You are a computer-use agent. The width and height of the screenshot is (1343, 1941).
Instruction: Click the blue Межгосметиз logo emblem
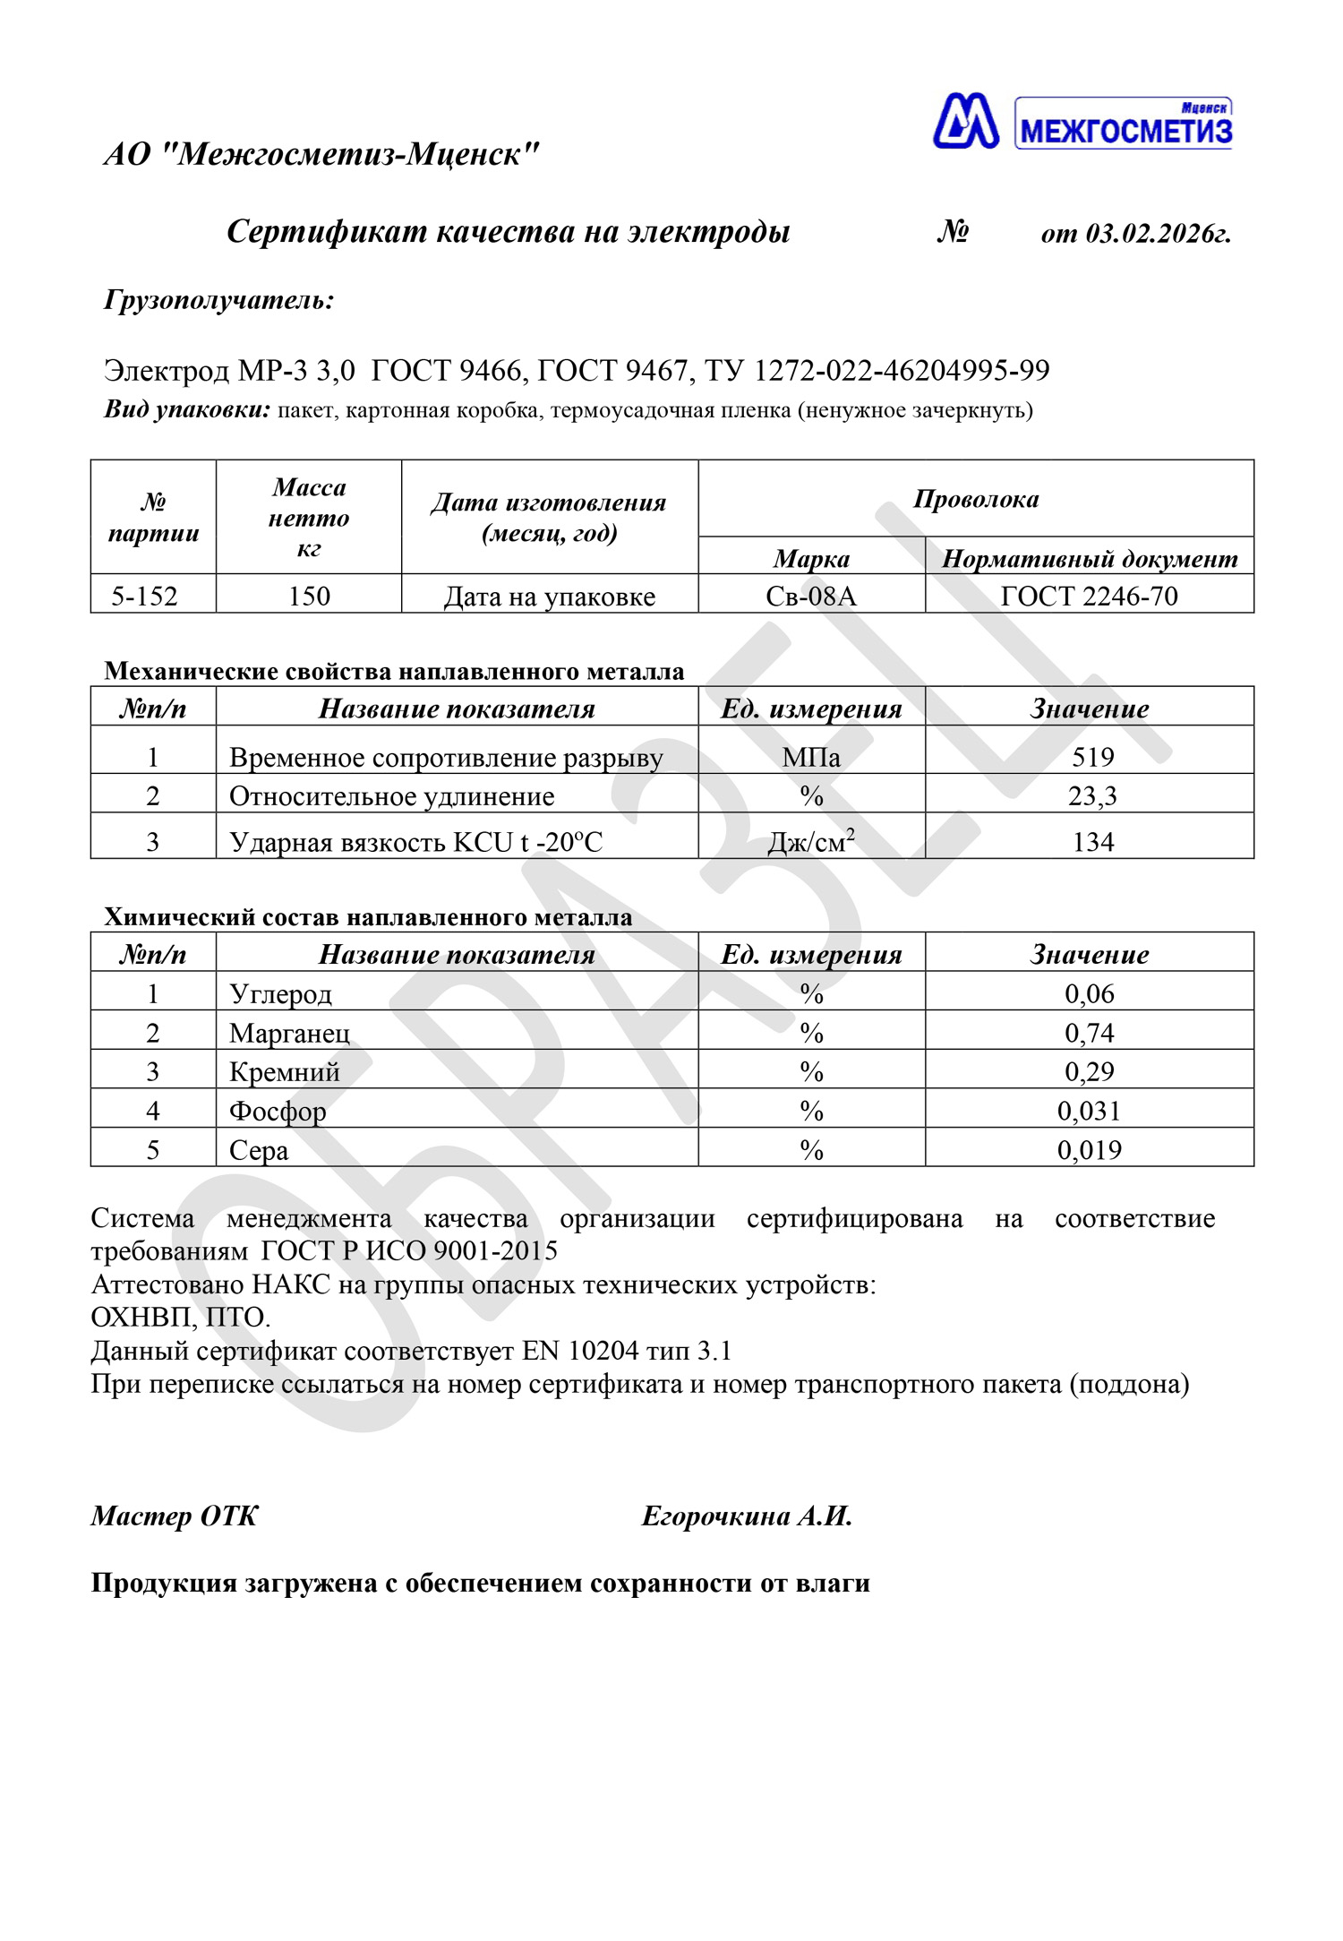965,121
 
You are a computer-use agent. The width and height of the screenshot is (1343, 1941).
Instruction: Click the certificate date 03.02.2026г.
1158,234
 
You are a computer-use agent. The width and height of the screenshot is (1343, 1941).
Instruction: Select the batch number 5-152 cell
145,596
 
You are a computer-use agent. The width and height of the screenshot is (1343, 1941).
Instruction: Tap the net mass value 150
309,596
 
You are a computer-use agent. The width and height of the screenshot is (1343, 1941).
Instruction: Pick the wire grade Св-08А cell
811,596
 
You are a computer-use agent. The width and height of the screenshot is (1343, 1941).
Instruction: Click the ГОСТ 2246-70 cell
1089,596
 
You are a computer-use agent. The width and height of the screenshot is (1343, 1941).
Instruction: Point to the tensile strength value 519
1092,758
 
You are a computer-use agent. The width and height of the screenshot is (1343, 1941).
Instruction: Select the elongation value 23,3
1092,796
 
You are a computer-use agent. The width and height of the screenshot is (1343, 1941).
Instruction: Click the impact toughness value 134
1092,842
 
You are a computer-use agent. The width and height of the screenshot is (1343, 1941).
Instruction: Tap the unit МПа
811,758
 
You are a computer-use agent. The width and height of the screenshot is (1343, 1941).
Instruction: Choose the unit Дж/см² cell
811,842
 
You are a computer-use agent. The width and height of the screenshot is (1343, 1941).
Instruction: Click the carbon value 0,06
1089,993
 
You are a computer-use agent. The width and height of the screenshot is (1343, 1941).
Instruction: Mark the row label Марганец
289,1033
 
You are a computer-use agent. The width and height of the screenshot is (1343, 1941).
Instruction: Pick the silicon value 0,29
1089,1071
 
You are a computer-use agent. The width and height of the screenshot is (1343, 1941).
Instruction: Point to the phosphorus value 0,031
1089,1111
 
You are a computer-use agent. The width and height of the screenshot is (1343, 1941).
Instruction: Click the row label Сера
259,1150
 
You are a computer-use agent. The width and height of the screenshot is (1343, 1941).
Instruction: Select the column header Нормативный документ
1089,559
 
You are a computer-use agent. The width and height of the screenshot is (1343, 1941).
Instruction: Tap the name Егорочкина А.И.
747,1516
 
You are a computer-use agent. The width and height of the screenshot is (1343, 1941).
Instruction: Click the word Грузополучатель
218,299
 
